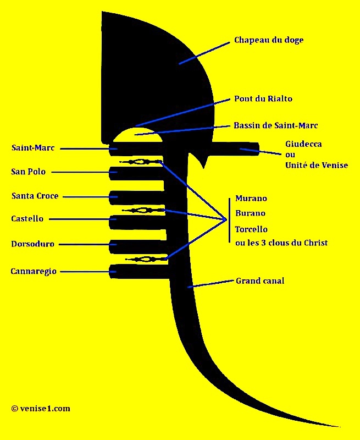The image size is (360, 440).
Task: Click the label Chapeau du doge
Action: tap(269, 40)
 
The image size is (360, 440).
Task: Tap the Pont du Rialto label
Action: tap(263, 99)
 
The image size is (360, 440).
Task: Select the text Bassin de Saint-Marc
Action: tap(275, 125)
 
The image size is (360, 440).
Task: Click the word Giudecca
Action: tap(303, 144)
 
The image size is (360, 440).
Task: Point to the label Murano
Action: tap(251, 199)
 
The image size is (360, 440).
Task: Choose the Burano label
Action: tap(250, 213)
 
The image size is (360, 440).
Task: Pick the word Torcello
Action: tap(251, 229)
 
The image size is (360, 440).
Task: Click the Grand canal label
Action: tap(260, 281)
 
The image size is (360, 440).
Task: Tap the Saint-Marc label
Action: tap(33, 148)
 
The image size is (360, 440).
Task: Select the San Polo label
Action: tap(29, 172)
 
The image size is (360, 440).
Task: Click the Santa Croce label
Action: tap(35, 196)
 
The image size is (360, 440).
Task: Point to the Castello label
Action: tap(27, 218)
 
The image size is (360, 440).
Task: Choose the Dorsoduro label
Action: tap(33, 244)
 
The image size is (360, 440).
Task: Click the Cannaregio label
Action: tap(34, 272)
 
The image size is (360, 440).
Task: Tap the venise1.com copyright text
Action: tap(41, 409)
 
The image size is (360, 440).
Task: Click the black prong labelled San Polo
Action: tap(136, 173)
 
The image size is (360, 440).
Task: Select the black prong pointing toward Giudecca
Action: tap(236, 148)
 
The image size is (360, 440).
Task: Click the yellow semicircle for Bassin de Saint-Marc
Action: tap(137, 135)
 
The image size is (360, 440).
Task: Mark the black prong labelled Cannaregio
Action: tap(139, 271)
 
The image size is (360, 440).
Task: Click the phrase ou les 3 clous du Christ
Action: tap(281, 243)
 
